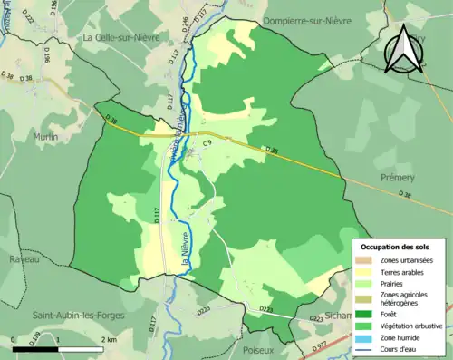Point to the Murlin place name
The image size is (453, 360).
(44, 137)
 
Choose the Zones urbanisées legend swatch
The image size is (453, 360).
(363, 259)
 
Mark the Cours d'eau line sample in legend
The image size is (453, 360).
(363, 348)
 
